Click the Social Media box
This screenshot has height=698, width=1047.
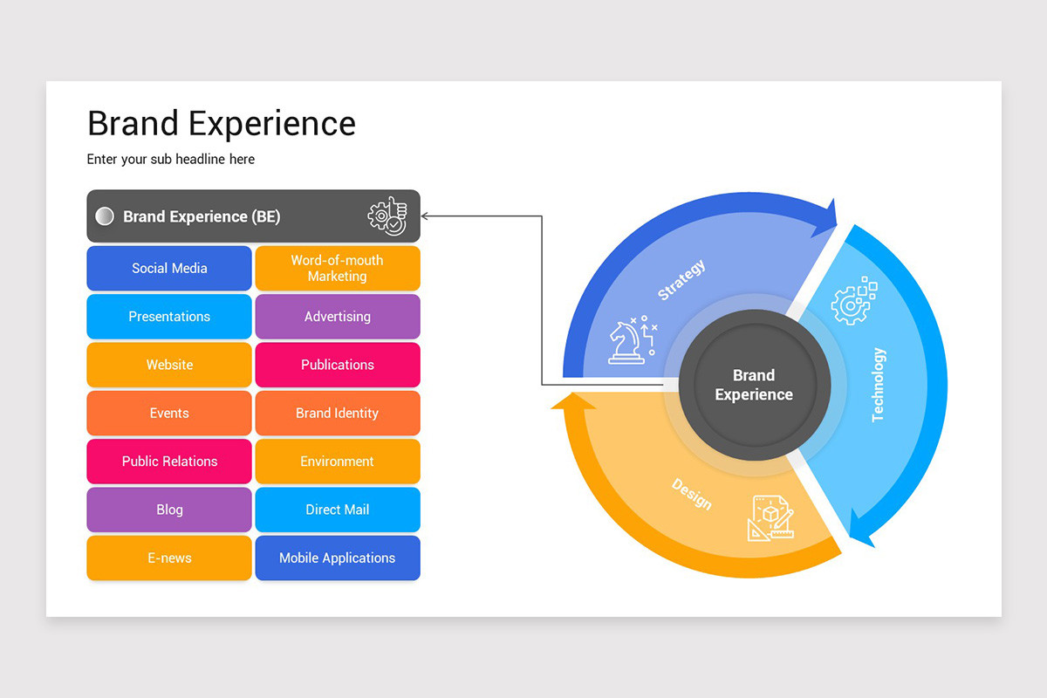169,268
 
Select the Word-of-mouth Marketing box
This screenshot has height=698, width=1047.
337,268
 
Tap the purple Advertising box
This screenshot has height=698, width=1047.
337,317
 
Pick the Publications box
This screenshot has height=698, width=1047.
337,365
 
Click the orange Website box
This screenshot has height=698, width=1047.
169,365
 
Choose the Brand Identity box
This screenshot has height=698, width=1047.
337,413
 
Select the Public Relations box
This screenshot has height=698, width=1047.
169,462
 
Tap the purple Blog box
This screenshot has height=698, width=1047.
169,510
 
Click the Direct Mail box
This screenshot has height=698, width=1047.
337,510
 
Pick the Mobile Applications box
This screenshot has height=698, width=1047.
337,558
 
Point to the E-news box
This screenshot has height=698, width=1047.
169,558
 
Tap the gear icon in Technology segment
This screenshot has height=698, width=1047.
852,301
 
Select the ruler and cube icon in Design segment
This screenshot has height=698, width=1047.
770,517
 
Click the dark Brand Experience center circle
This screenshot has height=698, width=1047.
754,385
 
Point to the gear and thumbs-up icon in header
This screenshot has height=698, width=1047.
387,216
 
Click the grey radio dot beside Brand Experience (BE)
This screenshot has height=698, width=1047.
105,216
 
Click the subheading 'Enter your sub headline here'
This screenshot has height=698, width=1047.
171,159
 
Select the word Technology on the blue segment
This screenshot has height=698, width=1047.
879,385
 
